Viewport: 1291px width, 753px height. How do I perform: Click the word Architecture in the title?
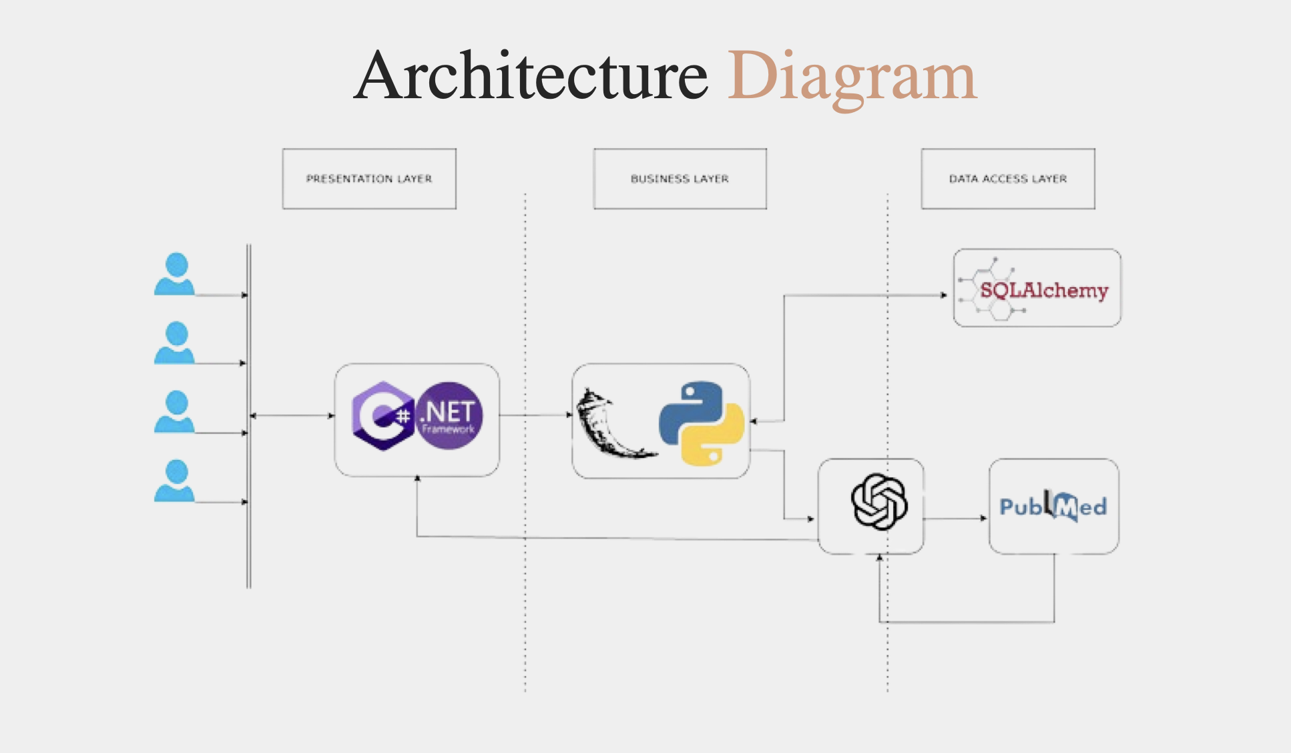point(531,76)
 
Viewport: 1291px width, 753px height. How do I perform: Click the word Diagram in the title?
point(852,77)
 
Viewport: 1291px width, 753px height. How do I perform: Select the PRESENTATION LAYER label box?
point(369,179)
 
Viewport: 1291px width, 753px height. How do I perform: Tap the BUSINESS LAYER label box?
point(680,179)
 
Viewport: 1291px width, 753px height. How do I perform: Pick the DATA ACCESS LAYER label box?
point(1008,179)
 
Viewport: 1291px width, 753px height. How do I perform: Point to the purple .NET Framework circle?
point(449,415)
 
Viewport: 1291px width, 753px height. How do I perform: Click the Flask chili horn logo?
point(611,425)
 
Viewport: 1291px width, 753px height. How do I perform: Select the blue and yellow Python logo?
point(701,423)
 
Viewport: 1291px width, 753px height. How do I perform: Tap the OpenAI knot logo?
point(878,502)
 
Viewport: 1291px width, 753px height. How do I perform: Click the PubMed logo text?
point(1053,507)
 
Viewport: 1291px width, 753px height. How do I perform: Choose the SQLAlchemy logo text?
point(1043,290)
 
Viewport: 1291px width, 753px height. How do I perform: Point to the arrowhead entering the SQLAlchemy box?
point(943,294)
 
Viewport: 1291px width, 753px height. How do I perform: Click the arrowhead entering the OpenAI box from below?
point(879,558)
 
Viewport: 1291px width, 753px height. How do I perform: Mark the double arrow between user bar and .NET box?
point(292,416)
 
